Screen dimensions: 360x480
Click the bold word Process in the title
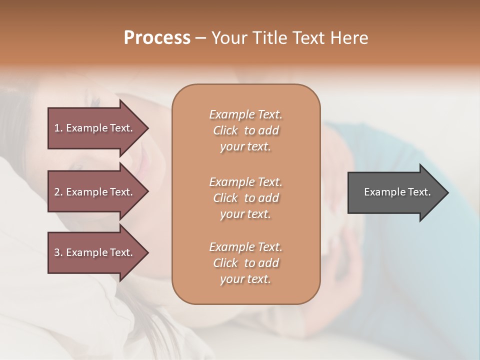157,38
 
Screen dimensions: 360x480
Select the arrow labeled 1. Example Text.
95,128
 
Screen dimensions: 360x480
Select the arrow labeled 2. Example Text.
95,192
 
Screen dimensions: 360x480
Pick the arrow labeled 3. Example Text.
95,252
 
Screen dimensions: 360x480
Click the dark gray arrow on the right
395,192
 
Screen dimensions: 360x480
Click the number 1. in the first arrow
58,128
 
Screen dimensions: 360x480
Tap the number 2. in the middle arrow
58,192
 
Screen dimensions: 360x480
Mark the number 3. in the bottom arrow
58,252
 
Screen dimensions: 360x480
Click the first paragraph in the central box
245,130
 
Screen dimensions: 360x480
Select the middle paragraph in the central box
245,198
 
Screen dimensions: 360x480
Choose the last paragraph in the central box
245,263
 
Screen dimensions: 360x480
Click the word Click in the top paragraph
225,130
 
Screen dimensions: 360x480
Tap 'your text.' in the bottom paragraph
245,279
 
